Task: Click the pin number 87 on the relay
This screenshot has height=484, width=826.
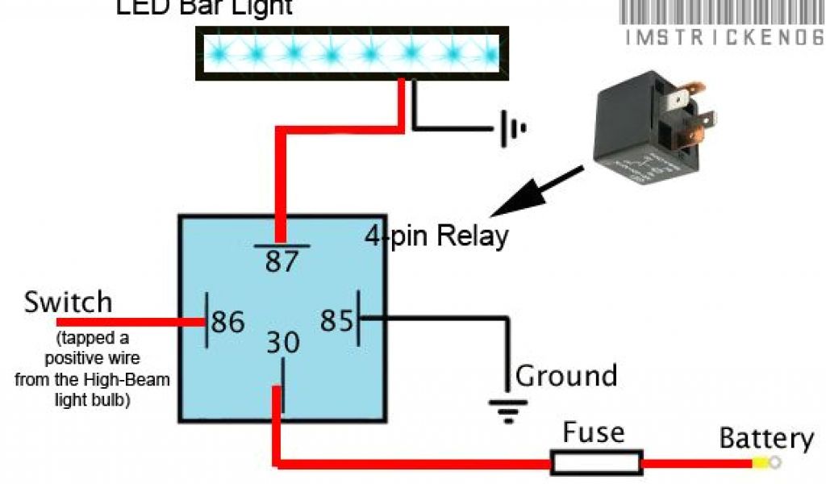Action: point(282,261)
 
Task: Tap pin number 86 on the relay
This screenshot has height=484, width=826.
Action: point(227,322)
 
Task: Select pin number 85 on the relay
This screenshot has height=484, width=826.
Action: point(336,320)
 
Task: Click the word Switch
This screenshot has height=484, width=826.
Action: point(68,303)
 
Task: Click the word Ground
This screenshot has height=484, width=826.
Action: point(566,376)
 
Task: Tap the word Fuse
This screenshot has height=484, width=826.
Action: point(594,432)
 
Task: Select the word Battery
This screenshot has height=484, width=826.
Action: point(766,439)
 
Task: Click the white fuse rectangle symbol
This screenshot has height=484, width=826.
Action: point(597,462)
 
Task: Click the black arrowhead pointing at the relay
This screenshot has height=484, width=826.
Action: point(508,202)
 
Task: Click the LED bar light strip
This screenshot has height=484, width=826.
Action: point(353,53)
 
